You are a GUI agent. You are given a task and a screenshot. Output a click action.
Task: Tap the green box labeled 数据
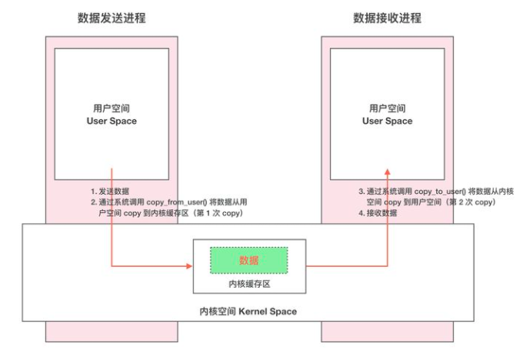pos(249,261)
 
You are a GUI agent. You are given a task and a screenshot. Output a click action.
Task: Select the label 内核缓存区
pos(249,284)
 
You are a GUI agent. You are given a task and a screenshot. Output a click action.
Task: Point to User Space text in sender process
pos(112,122)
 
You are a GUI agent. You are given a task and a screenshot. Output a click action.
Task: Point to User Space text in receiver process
pos(387,122)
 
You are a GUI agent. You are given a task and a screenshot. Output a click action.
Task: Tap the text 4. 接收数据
pos(378,212)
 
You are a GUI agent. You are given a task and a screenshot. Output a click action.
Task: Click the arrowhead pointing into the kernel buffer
pos(188,267)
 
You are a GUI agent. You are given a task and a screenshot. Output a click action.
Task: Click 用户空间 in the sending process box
pos(112,108)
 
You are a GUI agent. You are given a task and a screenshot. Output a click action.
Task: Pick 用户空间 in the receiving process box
pos(387,108)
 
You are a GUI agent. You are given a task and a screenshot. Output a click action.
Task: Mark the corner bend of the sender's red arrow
pos(112,267)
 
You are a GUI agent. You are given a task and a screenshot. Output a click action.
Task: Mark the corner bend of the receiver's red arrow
pos(387,267)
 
